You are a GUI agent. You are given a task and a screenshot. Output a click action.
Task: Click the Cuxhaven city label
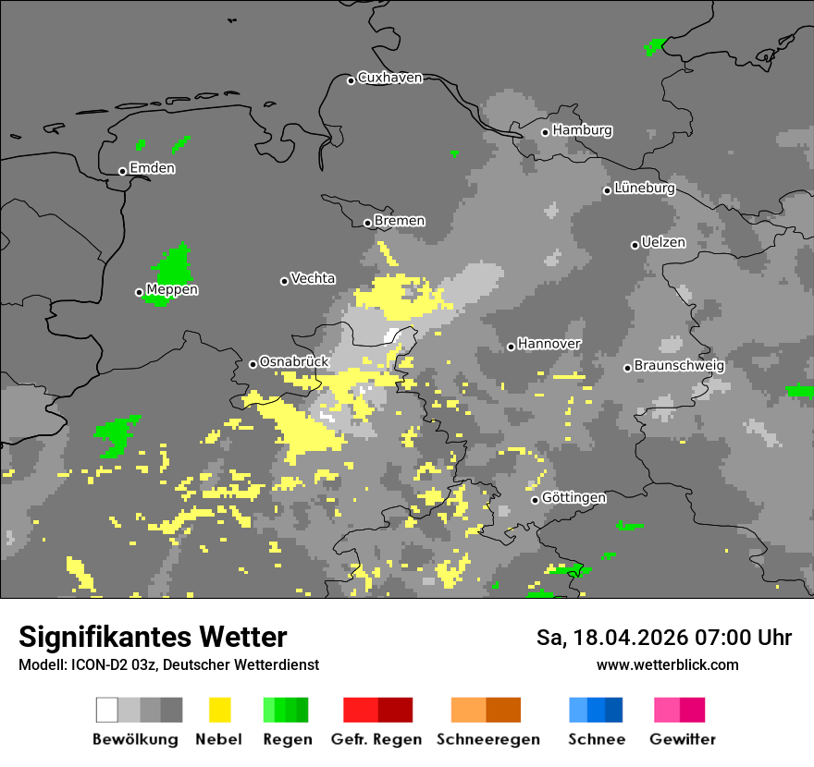389,79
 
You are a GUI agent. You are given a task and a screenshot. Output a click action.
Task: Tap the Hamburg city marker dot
546,132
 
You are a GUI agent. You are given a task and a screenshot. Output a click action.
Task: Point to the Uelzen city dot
635,245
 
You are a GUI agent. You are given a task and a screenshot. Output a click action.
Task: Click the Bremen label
400,221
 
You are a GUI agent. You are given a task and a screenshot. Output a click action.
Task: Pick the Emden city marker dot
122,171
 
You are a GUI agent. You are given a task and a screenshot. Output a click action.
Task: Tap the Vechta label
313,279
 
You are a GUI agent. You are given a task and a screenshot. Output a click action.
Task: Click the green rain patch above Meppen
173,266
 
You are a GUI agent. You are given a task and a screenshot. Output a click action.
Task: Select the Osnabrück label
294,362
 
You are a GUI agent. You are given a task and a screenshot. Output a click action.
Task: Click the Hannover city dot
511,347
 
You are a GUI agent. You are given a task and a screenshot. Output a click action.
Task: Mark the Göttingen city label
573,498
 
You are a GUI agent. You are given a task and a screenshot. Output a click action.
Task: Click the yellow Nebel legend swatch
219,710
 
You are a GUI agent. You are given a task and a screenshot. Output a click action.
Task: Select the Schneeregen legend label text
488,739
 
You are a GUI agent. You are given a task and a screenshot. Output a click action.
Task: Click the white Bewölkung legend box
107,710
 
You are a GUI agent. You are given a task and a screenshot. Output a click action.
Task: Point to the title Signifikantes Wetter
153,637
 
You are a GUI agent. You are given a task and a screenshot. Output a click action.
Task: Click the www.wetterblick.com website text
667,664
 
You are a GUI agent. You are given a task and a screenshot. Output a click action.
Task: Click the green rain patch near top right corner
655,45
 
